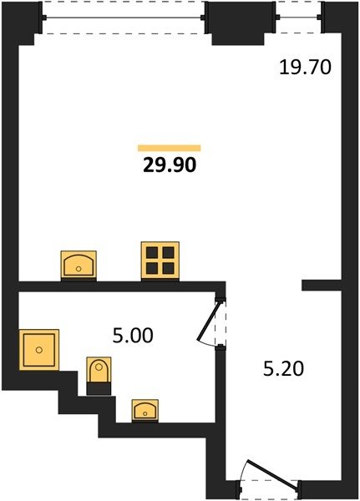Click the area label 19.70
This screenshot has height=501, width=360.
click(x=305, y=68)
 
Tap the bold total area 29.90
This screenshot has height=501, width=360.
click(x=170, y=165)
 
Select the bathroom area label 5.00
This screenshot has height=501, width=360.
click(x=133, y=336)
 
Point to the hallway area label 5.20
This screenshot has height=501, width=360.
click(x=283, y=369)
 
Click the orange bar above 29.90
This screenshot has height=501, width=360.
click(x=169, y=148)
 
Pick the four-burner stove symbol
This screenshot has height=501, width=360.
click(x=160, y=260)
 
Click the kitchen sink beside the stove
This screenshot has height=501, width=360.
click(x=79, y=264)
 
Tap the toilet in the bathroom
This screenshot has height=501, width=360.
click(x=99, y=370)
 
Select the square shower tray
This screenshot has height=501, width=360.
click(x=39, y=350)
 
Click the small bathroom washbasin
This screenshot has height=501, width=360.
click(x=145, y=410)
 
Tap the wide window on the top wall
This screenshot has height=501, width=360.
click(x=124, y=18)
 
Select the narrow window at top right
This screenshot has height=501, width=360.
click(x=298, y=18)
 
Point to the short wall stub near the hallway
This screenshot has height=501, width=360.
click(x=322, y=286)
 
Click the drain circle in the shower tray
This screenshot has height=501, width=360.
click(x=39, y=350)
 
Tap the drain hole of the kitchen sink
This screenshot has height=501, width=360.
click(x=79, y=269)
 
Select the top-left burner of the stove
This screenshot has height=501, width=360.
click(x=152, y=252)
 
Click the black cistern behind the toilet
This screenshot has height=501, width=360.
click(x=99, y=388)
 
